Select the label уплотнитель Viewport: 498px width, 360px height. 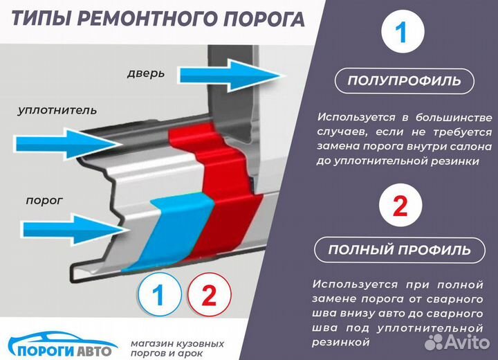[57, 110]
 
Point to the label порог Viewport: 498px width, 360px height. [44, 200]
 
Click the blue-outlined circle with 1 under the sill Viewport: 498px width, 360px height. [159, 296]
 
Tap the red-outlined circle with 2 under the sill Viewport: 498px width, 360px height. [208, 296]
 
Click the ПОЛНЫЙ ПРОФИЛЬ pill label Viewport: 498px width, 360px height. [399, 249]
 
